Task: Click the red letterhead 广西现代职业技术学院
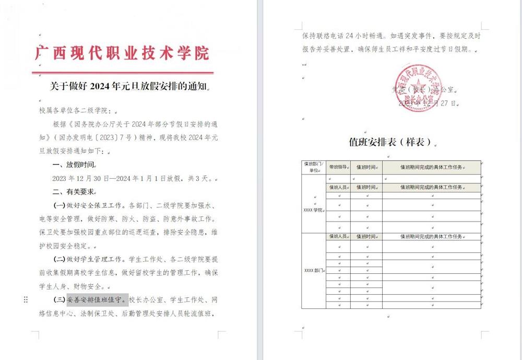(x=122, y=53)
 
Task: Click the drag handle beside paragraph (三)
(x=26, y=300)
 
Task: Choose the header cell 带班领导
(x=338, y=167)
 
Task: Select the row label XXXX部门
(x=314, y=271)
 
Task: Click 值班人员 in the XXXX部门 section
(x=338, y=237)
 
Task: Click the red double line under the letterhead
(x=122, y=73)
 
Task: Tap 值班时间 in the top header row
(x=366, y=167)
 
